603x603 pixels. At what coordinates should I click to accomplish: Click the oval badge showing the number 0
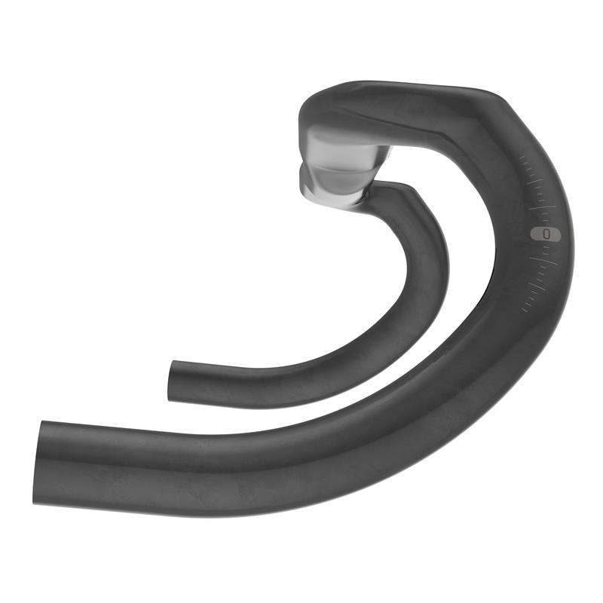pos(546,234)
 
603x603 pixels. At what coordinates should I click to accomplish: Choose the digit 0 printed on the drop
pos(546,234)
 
